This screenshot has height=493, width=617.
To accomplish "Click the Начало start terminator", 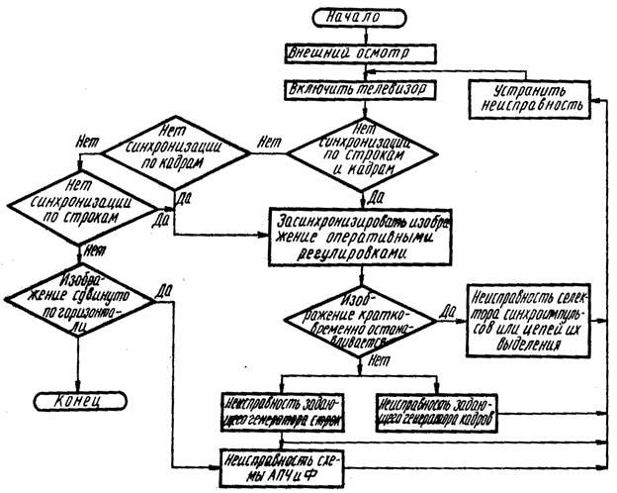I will point(358,17).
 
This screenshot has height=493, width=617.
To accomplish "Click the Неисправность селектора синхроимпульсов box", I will point(532,319).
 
